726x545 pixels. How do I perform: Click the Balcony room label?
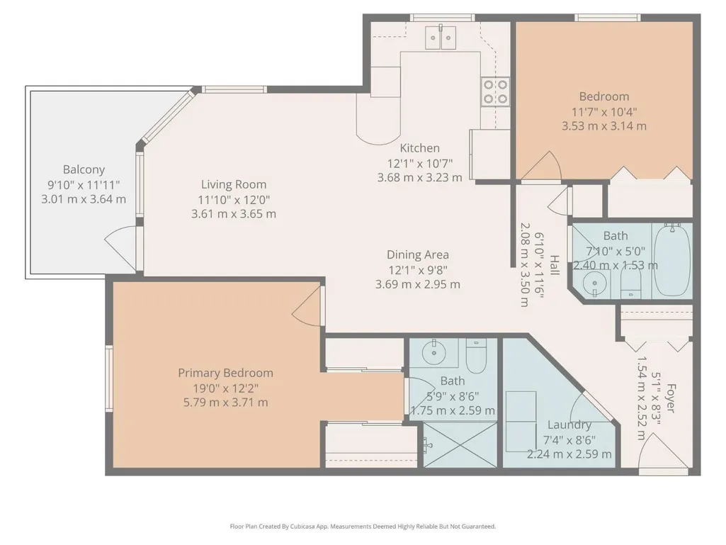pos(84,169)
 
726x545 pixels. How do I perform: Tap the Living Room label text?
pos(234,184)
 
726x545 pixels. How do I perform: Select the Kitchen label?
pos(419,148)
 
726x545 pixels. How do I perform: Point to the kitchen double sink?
pos(441,37)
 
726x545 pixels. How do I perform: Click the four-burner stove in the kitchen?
pos(495,91)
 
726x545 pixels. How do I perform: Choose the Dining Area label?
pos(418,255)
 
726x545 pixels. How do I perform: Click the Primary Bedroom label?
pos(225,373)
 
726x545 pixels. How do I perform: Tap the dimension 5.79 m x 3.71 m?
pos(225,403)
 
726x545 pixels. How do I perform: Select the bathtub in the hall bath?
pos(672,260)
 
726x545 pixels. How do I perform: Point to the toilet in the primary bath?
pos(476,356)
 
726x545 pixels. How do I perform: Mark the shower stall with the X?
pos(460,444)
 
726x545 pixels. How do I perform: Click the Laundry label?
pos(569,425)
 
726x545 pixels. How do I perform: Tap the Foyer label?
pos(671,398)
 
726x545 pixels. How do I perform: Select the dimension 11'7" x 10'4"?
pos(604,112)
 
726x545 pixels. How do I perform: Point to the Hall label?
pos(554,265)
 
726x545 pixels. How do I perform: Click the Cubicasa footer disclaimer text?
pos(363,527)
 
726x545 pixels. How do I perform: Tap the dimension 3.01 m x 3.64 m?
pos(84,199)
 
